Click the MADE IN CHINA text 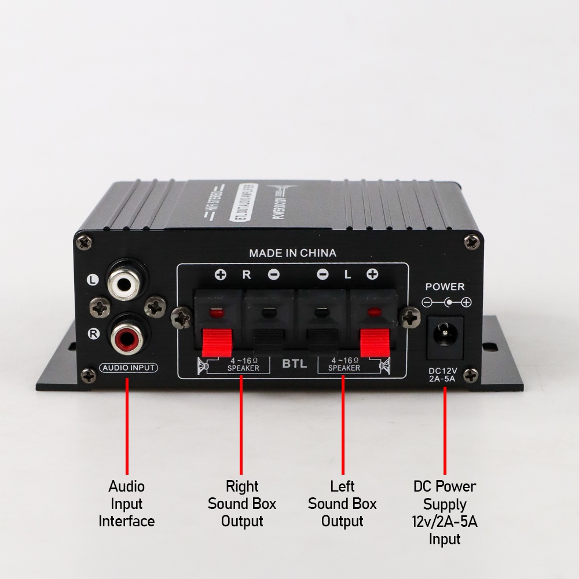tap(292, 253)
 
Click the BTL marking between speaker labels tap(294, 365)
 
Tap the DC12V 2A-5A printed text tap(443, 375)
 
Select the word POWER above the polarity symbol tap(445, 287)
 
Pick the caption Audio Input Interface tap(127, 503)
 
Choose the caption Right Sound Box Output tap(242, 503)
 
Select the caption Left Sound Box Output tap(342, 503)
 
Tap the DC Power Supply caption tap(445, 512)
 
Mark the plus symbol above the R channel tap(221, 275)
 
